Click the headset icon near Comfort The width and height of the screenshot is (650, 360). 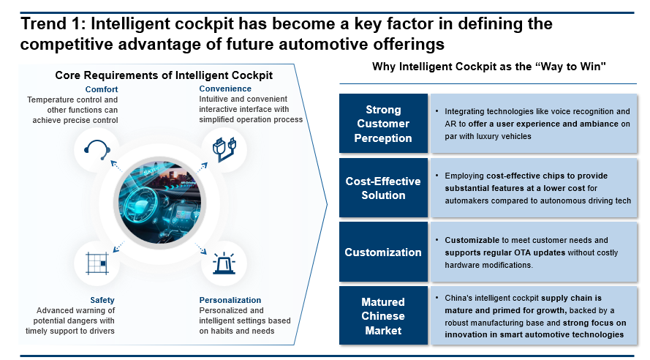(x=97, y=150)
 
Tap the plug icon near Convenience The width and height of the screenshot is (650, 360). (x=224, y=149)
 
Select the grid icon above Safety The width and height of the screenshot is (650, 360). (x=97, y=263)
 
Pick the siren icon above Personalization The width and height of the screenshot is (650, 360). (x=224, y=263)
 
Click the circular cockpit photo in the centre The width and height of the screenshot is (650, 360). (x=160, y=203)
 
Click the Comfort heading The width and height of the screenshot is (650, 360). (x=102, y=89)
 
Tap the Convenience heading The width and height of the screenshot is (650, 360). (x=225, y=89)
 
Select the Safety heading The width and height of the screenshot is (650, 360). (x=102, y=300)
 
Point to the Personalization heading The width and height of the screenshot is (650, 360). (x=230, y=300)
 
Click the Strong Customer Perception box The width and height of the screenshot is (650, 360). (x=383, y=124)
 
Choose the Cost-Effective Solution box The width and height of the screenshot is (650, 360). (x=383, y=188)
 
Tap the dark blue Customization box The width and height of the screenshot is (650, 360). (x=383, y=252)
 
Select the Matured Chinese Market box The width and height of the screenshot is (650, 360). (x=383, y=315)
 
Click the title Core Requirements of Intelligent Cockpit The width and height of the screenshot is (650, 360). (x=164, y=75)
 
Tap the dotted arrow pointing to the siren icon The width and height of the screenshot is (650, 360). (x=200, y=249)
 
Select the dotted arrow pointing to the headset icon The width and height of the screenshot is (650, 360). (x=116, y=166)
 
